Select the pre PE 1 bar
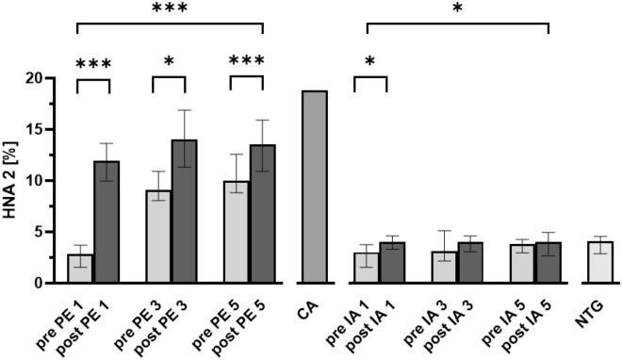[x=79, y=269]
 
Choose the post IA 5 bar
[x=548, y=263]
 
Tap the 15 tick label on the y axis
[x=39, y=129]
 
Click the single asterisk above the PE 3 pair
[x=170, y=62]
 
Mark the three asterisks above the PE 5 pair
[x=247, y=63]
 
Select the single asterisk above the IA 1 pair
[x=370, y=62]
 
